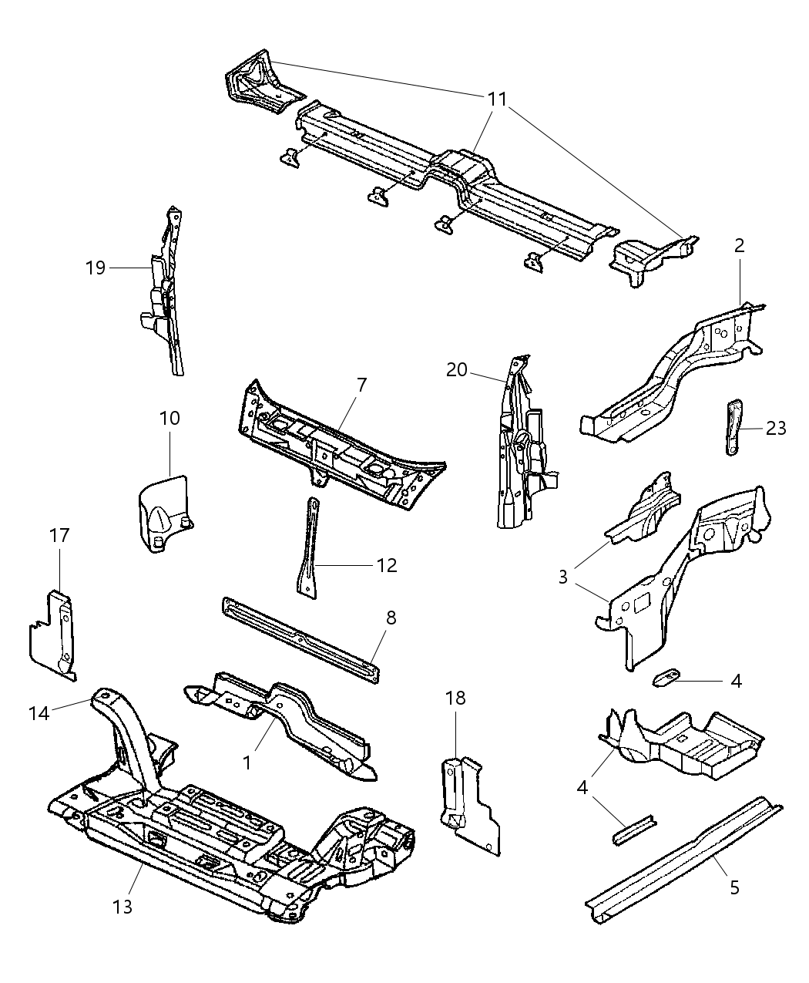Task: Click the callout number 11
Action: (497, 99)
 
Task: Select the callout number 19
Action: (96, 268)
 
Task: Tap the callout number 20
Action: (457, 370)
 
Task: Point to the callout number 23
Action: (776, 428)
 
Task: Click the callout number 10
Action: (170, 418)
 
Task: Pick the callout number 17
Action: (60, 535)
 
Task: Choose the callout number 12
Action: (386, 566)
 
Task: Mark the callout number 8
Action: (391, 617)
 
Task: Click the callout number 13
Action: (123, 906)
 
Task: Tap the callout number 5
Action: (734, 887)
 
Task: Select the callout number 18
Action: (455, 699)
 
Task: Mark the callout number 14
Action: (39, 714)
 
